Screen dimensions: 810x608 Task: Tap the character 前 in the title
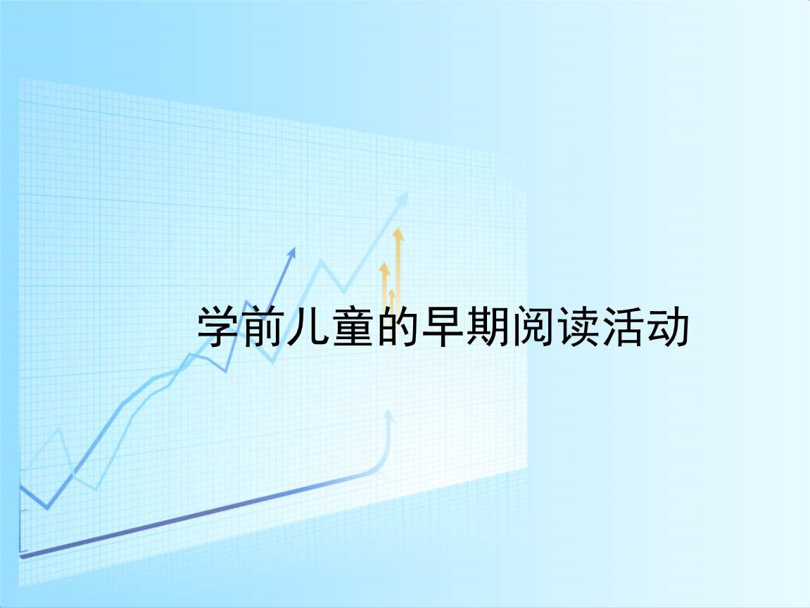pyautogui.click(x=262, y=326)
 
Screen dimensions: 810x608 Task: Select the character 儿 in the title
pyautogui.click(x=307, y=326)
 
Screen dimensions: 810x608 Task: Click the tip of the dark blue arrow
pyautogui.click(x=295, y=248)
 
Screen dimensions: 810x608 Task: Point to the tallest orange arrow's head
pyautogui.click(x=398, y=234)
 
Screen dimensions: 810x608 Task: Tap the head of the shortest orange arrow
pyautogui.click(x=392, y=293)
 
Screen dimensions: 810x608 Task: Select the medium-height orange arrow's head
pyautogui.click(x=384, y=267)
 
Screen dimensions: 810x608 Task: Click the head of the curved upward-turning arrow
pyautogui.click(x=389, y=416)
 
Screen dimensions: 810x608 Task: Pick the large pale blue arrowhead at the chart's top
pyautogui.click(x=402, y=199)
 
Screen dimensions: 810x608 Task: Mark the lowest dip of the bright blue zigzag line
pyautogui.click(x=48, y=508)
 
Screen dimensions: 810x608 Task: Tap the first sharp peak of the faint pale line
pyautogui.click(x=60, y=429)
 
